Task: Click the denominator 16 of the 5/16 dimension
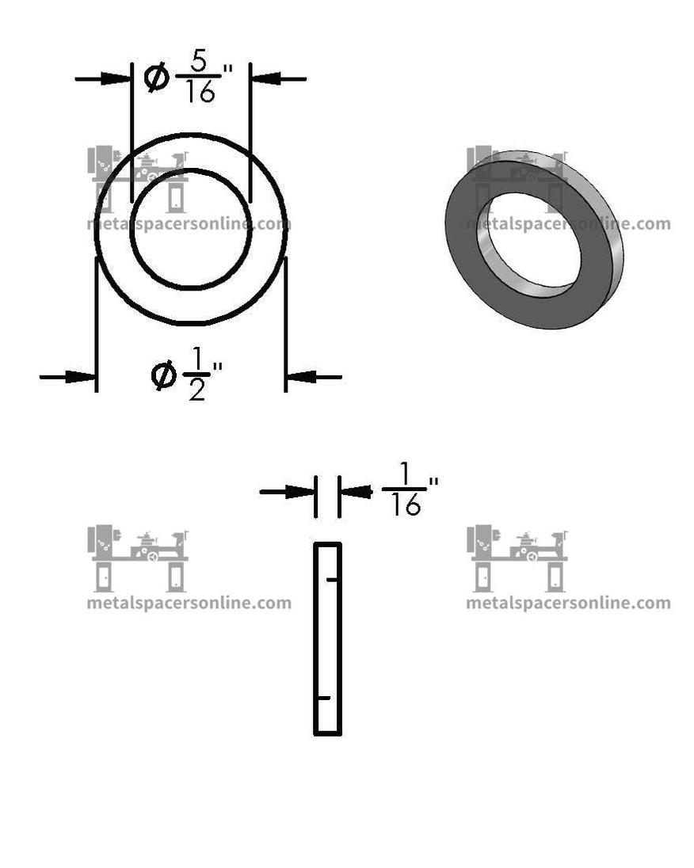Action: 200,93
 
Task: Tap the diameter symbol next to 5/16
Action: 158,78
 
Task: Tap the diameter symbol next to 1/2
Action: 163,375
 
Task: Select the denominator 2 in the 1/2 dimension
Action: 196,390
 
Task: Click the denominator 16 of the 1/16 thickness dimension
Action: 406,505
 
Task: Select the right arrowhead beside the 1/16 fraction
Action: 357,492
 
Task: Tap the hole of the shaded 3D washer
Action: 527,245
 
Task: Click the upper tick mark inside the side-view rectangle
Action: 333,581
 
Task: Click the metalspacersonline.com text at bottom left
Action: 189,603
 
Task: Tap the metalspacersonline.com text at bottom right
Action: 568,603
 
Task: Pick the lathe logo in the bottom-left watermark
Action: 139,558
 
